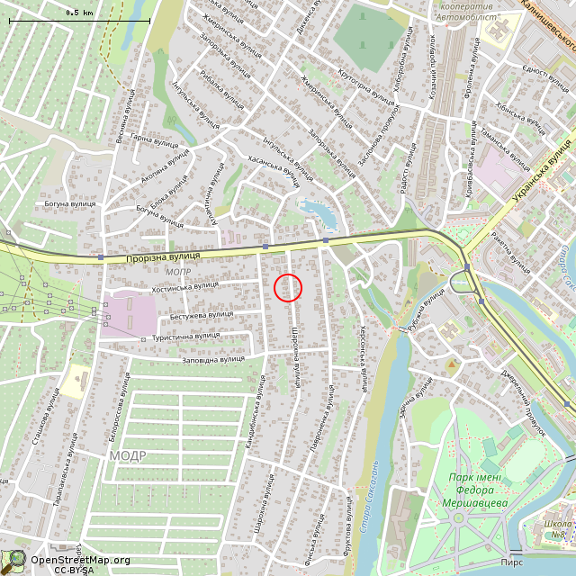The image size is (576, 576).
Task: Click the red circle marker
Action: pyautogui.click(x=287, y=287)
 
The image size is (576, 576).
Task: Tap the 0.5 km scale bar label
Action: pyautogui.click(x=80, y=13)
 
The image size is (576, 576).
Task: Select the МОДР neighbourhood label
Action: pyautogui.click(x=128, y=455)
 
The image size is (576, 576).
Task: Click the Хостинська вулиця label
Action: pyautogui.click(x=184, y=286)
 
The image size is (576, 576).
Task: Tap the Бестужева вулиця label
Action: pyautogui.click(x=202, y=314)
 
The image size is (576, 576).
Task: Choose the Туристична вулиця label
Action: pyautogui.click(x=186, y=336)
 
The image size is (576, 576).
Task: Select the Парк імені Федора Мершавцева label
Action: pyautogui.click(x=478, y=490)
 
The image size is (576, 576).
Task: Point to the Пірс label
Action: pyautogui.click(x=511, y=562)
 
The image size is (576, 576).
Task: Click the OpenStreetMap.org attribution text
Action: pyautogui.click(x=80, y=560)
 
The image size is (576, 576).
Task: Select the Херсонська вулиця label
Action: pyautogui.click(x=364, y=358)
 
